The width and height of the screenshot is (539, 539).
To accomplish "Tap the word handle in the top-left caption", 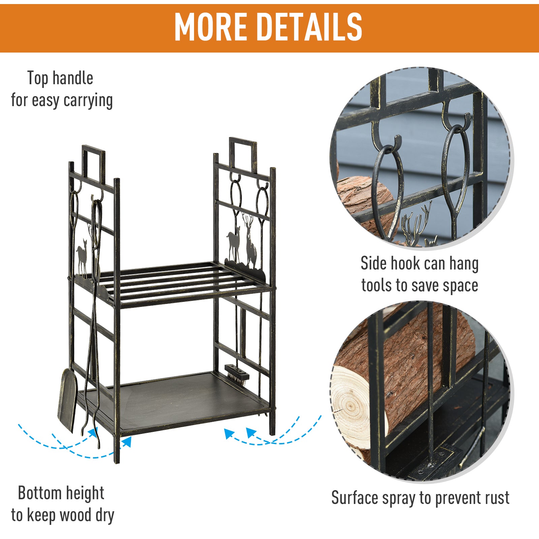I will point(73,78).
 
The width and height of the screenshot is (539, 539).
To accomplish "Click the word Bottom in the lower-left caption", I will point(40,493).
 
